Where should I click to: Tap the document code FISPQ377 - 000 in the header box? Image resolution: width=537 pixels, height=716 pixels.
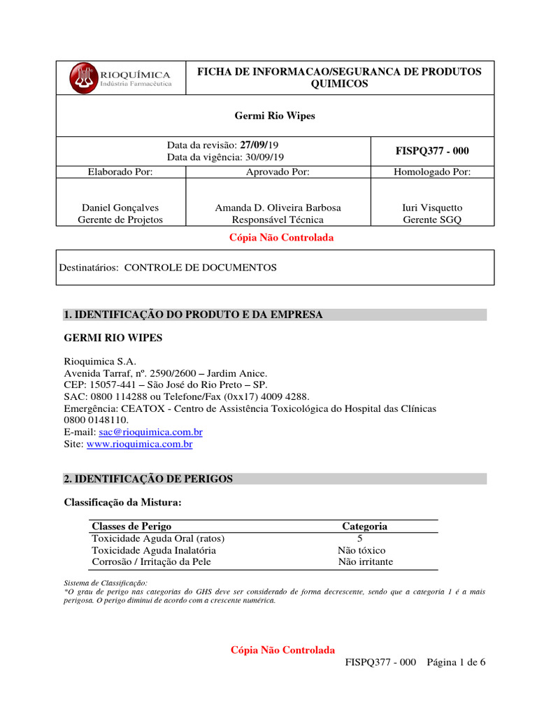point(432,151)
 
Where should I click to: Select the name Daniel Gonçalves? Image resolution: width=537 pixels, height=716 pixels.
point(120,208)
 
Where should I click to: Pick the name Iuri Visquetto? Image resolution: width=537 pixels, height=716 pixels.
point(432,208)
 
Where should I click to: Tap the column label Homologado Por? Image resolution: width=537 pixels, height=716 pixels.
point(432,171)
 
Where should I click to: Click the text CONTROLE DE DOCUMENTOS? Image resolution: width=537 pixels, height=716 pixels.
point(200,268)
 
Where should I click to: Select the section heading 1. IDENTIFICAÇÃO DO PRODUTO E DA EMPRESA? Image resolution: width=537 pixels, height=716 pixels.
point(194,315)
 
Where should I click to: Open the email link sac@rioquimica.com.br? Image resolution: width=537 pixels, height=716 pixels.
point(155,432)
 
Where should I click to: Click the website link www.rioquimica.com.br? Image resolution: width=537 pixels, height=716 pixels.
point(139,444)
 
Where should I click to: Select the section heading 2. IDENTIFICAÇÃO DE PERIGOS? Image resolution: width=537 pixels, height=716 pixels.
point(148,479)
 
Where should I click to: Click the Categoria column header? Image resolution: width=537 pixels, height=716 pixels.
point(364,527)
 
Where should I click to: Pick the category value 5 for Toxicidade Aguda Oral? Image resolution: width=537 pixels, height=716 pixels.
point(359,538)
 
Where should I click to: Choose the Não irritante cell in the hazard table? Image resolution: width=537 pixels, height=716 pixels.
point(365,561)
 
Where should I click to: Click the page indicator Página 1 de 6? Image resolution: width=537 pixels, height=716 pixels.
point(455,664)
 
